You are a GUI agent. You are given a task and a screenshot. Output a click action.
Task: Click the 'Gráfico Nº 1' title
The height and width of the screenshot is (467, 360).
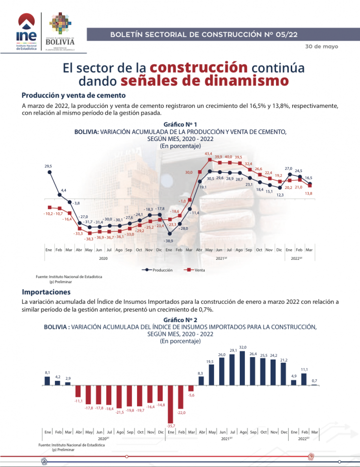point(180,124)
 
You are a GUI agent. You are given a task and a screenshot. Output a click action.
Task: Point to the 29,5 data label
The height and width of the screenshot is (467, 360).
point(48,166)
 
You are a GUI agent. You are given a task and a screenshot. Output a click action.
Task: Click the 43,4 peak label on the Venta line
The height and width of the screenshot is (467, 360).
point(209,154)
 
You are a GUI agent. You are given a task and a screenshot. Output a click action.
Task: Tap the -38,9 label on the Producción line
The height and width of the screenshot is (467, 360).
point(169,240)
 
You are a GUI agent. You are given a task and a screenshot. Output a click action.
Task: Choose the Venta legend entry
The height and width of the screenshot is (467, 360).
point(196,270)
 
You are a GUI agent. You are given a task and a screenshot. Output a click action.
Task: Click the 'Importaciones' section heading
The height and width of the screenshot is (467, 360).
point(46,292)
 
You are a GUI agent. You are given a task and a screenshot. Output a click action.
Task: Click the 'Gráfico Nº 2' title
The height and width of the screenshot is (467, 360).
point(180,320)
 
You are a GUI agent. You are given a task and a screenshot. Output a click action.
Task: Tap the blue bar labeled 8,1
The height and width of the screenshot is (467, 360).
point(47,380)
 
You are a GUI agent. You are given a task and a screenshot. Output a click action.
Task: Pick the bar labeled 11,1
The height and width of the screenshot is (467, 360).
point(304,379)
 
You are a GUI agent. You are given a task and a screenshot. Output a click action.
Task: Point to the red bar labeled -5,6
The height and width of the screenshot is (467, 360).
point(191,388)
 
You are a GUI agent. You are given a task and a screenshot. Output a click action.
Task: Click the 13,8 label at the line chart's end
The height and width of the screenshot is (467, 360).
point(308,193)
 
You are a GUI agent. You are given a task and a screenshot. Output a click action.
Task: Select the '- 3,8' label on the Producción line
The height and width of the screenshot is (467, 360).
point(76,203)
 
